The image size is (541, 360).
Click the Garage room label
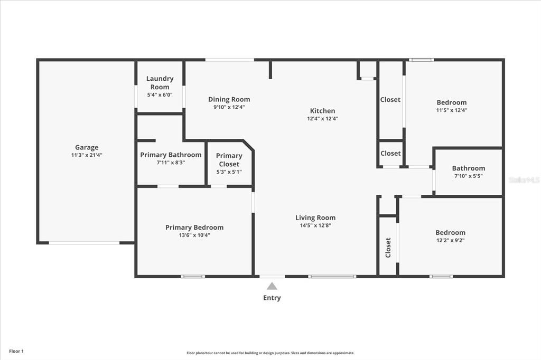click(x=87, y=148)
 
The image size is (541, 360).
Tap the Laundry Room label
click(x=160, y=83)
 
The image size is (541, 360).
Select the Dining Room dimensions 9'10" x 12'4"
click(x=229, y=107)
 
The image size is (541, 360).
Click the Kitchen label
click(x=322, y=111)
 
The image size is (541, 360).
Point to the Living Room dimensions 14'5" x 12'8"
click(x=315, y=225)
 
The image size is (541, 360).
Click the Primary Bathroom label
click(x=171, y=155)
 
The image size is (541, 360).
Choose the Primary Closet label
click(x=229, y=159)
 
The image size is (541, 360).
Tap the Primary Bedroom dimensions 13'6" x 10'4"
click(x=194, y=235)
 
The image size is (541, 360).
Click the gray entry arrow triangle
click(x=272, y=286)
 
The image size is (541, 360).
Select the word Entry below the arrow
click(x=272, y=298)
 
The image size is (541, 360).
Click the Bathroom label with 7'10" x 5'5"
click(x=468, y=168)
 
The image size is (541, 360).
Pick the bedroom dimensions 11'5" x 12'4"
click(x=452, y=110)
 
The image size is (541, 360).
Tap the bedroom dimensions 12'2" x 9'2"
click(x=450, y=240)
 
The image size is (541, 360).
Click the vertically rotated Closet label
click(x=388, y=247)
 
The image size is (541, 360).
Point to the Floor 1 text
click(x=16, y=351)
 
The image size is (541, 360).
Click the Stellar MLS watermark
click(x=524, y=180)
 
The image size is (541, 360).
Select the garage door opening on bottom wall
click(x=85, y=243)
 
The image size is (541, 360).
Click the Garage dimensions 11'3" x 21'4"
click(x=87, y=155)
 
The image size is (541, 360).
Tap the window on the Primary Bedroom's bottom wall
click(x=193, y=276)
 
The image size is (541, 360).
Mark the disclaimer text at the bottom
click(x=270, y=353)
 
